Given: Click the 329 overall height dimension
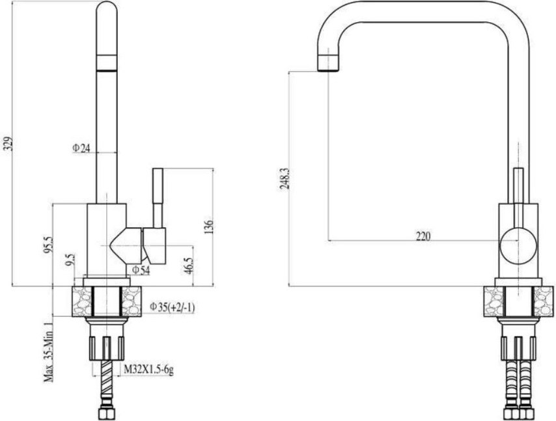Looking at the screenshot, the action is click(x=10, y=143).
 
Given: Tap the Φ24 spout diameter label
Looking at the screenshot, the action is click(x=81, y=148).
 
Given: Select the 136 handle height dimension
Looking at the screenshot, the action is click(x=209, y=227).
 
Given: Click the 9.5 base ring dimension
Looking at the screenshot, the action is click(x=71, y=260).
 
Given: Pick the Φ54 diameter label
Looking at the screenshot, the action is click(x=141, y=271).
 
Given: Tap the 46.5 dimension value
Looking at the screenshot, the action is click(x=188, y=265).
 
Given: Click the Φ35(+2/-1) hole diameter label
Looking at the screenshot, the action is click(x=172, y=307).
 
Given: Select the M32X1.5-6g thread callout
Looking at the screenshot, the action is click(x=148, y=370).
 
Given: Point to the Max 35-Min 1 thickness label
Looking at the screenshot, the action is click(x=49, y=351).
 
